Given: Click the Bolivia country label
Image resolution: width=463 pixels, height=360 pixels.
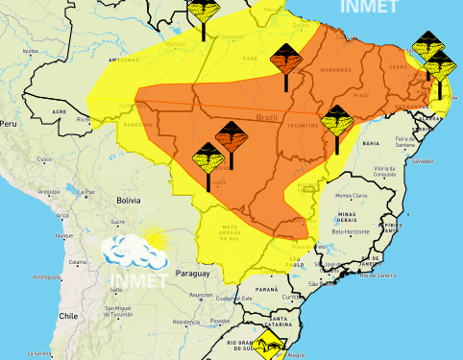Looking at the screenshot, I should click(x=129, y=200).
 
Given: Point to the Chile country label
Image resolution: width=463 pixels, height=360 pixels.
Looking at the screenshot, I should click(x=66, y=315).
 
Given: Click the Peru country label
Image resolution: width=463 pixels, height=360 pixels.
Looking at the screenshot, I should click(x=8, y=125).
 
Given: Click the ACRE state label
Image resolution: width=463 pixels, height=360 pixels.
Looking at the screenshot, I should click(x=60, y=111).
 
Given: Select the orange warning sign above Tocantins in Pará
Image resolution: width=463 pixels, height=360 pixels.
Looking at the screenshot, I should click(x=285, y=60).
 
